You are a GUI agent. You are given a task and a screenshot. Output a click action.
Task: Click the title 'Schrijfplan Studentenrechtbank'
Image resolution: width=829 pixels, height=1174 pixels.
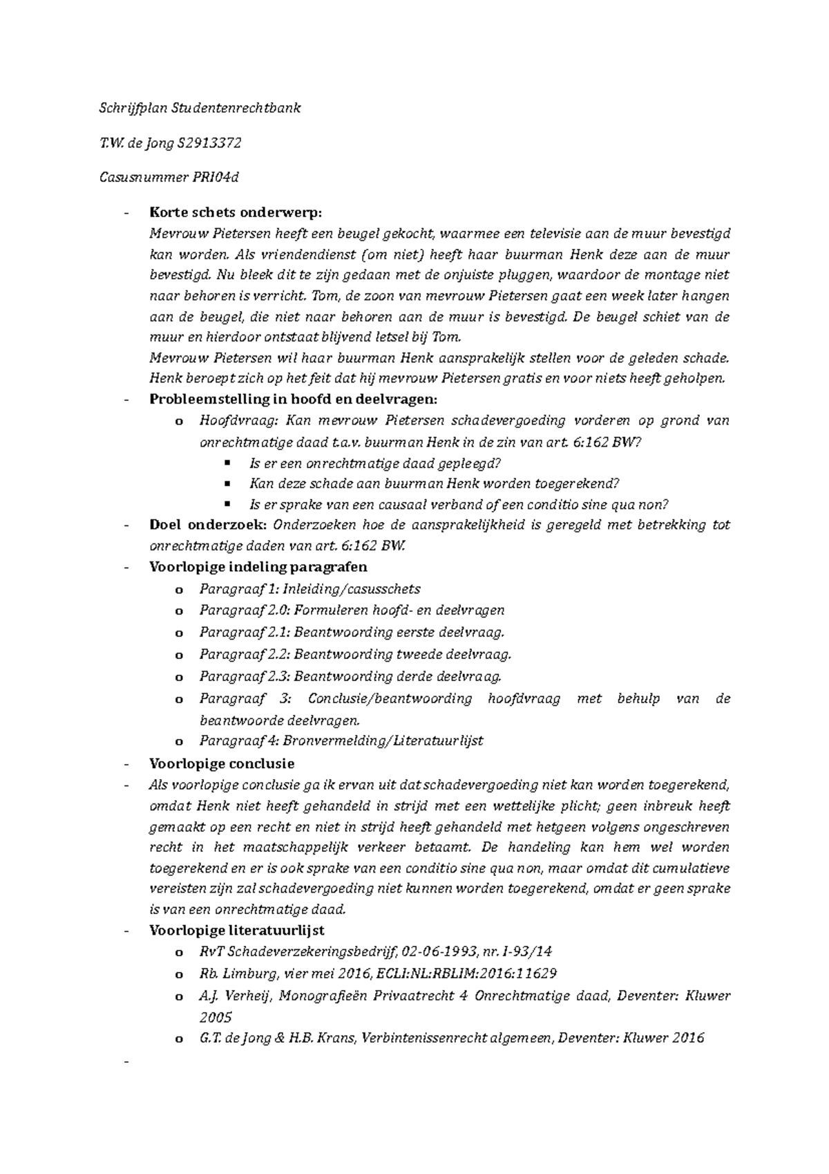pyautogui.click(x=198, y=109)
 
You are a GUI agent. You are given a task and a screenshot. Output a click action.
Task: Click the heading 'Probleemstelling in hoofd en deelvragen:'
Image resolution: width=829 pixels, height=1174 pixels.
pyautogui.click(x=293, y=399)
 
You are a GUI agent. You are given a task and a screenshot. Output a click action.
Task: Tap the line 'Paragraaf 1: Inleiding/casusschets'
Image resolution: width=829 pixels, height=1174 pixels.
pyautogui.click(x=309, y=589)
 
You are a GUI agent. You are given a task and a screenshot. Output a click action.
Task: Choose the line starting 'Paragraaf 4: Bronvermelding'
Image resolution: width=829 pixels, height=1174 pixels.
pyautogui.click(x=341, y=740)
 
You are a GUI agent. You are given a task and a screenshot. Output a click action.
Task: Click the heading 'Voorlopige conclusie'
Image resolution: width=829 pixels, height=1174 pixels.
pyautogui.click(x=222, y=763)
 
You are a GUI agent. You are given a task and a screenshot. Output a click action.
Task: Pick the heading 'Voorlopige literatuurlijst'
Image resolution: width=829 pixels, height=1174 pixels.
pyautogui.click(x=237, y=930)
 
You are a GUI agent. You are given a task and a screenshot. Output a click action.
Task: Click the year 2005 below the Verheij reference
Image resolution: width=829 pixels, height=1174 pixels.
pyautogui.click(x=216, y=1017)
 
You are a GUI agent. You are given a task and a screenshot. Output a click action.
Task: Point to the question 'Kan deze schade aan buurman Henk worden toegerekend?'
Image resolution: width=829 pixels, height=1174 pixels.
pyautogui.click(x=435, y=483)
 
